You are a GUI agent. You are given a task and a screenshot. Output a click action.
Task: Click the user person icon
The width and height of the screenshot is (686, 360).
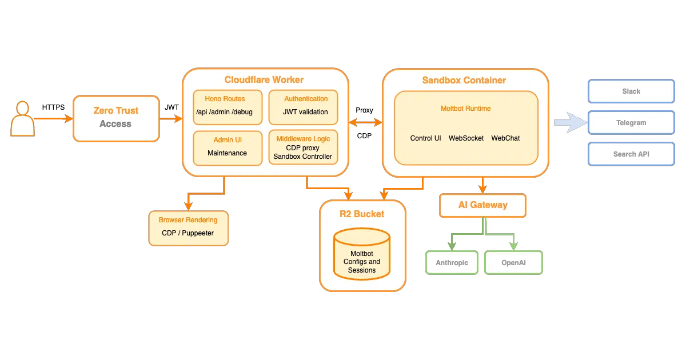click(22, 118)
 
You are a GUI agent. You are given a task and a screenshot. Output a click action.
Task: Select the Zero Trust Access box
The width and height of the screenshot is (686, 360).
click(117, 118)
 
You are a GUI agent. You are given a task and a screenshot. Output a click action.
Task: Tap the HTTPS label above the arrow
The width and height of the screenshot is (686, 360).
click(53, 107)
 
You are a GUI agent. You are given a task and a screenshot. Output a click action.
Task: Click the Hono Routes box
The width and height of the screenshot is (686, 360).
click(228, 107)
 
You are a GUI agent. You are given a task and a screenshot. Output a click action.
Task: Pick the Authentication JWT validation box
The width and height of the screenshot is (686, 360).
click(303, 107)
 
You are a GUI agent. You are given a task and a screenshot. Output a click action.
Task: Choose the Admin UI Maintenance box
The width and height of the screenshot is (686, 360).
click(228, 148)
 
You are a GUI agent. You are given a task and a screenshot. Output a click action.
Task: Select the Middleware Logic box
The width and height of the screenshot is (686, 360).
click(303, 147)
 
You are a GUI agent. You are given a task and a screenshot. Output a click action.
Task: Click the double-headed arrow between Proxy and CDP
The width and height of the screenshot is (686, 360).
click(366, 122)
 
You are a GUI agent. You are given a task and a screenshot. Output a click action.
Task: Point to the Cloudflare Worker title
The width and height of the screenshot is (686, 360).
click(264, 79)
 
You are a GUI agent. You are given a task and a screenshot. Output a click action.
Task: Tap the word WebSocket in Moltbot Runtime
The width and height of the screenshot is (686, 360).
click(466, 138)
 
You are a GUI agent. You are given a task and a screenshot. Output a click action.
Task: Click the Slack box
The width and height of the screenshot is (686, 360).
click(631, 91)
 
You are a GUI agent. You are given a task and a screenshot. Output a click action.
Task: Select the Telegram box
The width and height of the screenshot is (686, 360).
click(631, 122)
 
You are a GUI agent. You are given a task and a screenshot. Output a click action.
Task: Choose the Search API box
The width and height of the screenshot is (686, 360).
click(631, 154)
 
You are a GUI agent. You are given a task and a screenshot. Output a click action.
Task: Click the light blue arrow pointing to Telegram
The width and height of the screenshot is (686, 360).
click(571, 122)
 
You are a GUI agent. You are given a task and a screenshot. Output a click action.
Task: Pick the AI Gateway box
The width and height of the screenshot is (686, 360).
click(482, 205)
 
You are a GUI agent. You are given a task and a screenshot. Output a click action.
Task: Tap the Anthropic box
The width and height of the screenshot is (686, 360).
click(452, 263)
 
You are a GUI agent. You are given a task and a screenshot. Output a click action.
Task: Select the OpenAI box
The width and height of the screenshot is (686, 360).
click(513, 263)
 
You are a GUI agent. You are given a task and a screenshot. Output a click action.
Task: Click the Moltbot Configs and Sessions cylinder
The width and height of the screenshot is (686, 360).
click(362, 254)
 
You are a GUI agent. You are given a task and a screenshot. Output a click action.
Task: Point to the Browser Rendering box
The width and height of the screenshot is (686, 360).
click(188, 228)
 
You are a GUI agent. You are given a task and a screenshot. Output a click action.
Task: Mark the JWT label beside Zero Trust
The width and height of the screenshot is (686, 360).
click(171, 107)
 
